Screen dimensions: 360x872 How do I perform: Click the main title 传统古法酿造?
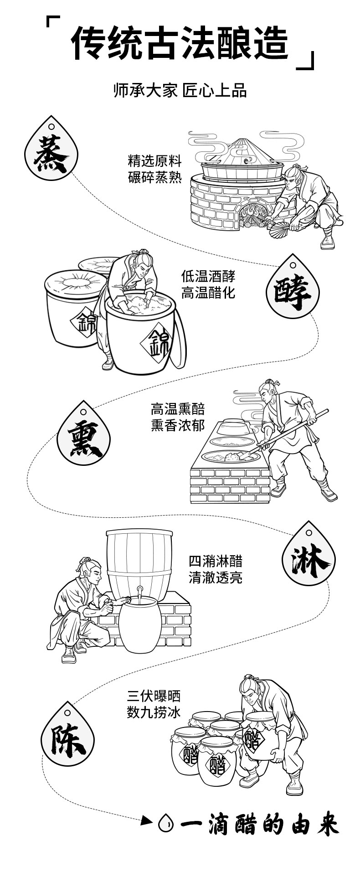pyautogui.click(x=180, y=43)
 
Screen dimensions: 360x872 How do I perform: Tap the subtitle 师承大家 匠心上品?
pyautogui.click(x=180, y=91)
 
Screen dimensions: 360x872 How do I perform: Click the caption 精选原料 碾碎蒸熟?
pyautogui.click(x=154, y=169)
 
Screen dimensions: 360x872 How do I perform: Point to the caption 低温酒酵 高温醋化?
pyautogui.click(x=208, y=284)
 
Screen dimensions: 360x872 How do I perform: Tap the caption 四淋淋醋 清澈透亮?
pyautogui.click(x=216, y=569)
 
